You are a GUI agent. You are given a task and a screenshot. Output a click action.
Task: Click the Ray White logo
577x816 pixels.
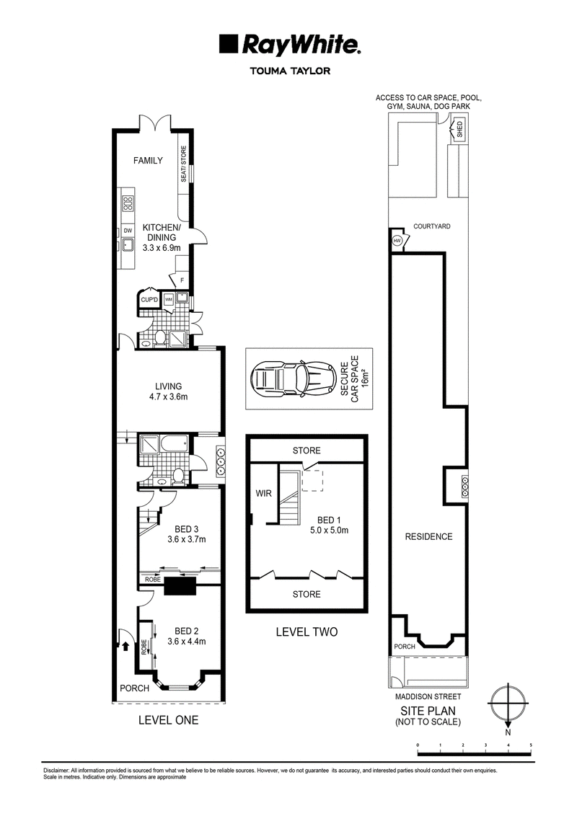pyautogui.click(x=289, y=45)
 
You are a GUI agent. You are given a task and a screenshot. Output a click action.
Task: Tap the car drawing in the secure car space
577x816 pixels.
pyautogui.click(x=295, y=378)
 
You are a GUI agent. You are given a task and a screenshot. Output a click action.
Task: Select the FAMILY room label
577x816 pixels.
pyautogui.click(x=148, y=161)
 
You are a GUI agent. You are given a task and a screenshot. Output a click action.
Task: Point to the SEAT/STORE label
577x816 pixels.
pyautogui.click(x=184, y=164)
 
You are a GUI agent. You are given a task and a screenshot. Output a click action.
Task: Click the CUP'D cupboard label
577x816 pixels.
pyautogui.click(x=149, y=300)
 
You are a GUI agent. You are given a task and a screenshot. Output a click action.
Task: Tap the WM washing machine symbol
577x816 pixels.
pyautogui.click(x=168, y=300)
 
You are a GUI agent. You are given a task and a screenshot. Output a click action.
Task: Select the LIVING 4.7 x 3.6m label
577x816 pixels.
pyautogui.click(x=168, y=391)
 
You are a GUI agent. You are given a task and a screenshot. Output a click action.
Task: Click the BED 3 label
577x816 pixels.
pyautogui.click(x=186, y=530)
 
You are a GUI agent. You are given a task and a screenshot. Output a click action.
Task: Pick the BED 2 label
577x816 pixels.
pyautogui.click(x=186, y=631)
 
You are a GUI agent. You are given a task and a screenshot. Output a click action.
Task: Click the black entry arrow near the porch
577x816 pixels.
pyautogui.click(x=125, y=647)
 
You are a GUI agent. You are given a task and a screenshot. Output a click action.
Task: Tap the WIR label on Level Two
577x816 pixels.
pyautogui.click(x=263, y=493)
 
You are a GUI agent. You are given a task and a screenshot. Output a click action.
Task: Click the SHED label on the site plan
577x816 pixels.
pyautogui.click(x=459, y=129)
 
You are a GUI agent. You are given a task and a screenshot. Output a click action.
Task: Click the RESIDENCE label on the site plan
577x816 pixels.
pyautogui.click(x=428, y=536)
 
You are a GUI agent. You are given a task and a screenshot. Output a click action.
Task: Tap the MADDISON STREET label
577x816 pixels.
pyautogui.click(x=428, y=696)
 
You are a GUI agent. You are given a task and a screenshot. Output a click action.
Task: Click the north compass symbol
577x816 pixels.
pyautogui.click(x=508, y=703)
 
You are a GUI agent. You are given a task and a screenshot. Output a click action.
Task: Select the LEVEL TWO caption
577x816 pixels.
pyautogui.click(x=307, y=631)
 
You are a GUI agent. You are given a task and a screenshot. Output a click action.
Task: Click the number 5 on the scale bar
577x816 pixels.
pyautogui.click(x=530, y=745)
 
